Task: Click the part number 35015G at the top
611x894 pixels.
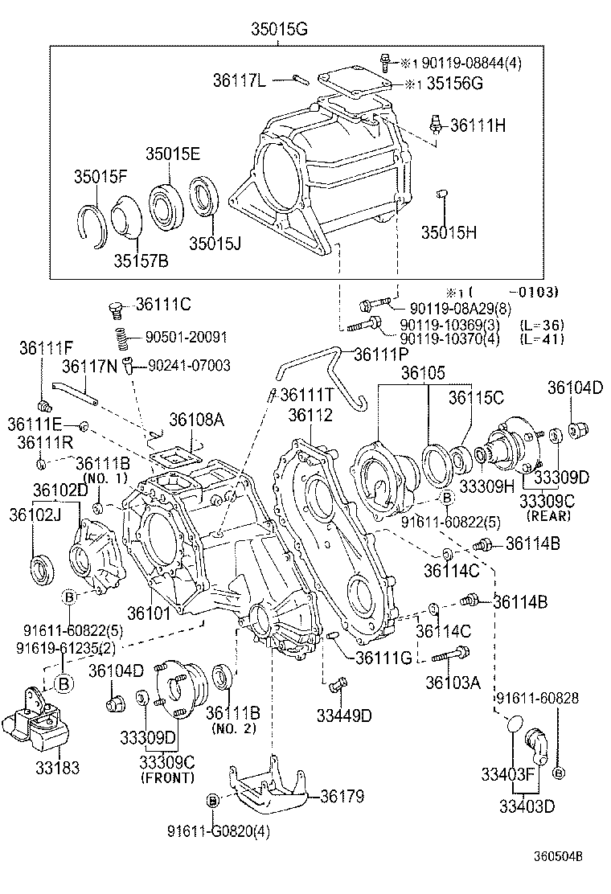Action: click(279, 30)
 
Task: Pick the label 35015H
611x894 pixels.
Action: click(450, 232)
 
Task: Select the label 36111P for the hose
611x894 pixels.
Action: click(382, 354)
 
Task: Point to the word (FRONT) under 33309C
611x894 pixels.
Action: click(167, 777)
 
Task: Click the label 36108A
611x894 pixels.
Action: click(195, 420)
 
